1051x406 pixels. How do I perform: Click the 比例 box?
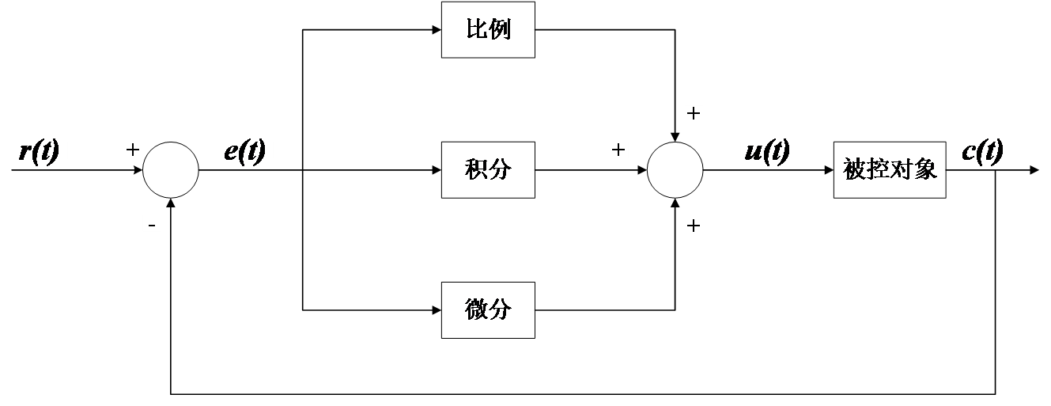(488, 30)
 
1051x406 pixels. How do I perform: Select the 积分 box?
(488, 169)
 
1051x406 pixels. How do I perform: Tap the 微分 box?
(488, 309)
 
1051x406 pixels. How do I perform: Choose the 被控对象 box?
(889, 169)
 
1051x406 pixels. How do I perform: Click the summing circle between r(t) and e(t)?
(170, 169)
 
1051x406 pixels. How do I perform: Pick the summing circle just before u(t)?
(675, 169)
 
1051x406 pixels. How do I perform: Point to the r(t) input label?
(40, 150)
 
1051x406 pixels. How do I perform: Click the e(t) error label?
(244, 150)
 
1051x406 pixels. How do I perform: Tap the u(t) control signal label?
(768, 150)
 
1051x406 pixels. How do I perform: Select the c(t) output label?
(983, 150)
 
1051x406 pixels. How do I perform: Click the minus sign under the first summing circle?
(152, 224)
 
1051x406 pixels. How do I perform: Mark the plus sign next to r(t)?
(132, 150)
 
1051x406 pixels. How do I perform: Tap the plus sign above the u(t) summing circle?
(694, 114)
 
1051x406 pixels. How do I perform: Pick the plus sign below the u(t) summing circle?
(694, 226)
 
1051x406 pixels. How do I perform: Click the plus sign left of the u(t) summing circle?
(619, 150)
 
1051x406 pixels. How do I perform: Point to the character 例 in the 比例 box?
(500, 30)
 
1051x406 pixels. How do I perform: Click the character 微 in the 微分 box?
(476, 309)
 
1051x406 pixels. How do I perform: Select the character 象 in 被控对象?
(926, 169)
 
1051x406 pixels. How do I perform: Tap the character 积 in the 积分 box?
(476, 169)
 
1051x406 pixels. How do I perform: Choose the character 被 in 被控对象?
(854, 169)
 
